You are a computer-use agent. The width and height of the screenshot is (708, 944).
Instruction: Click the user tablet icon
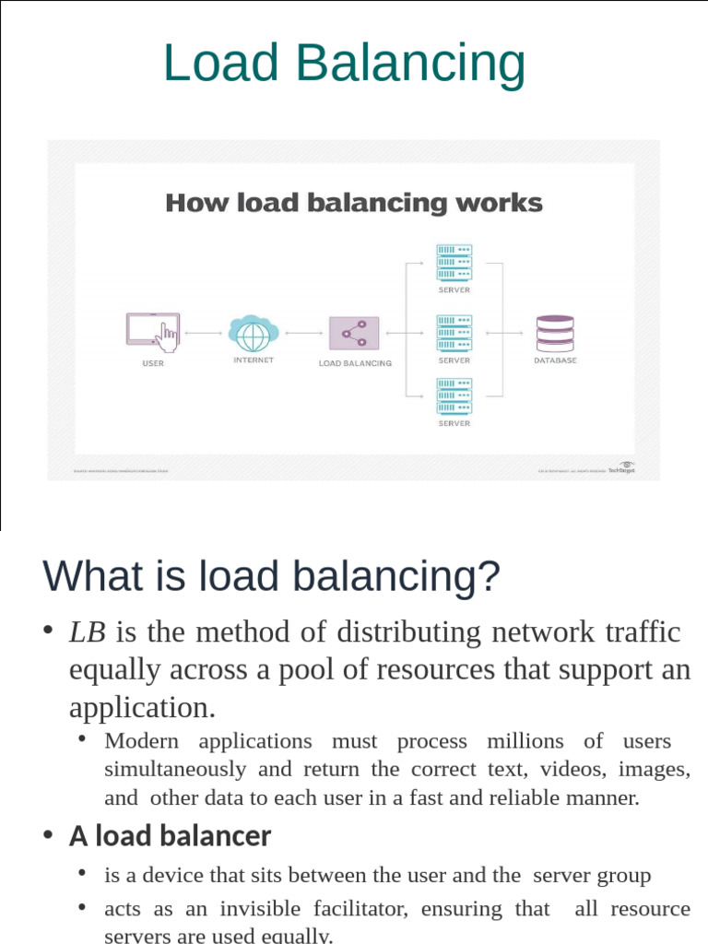click(152, 331)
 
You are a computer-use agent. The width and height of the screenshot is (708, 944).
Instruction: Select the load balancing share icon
click(354, 333)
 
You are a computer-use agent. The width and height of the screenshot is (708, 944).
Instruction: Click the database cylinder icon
click(555, 332)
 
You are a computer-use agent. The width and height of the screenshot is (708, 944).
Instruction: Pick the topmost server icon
click(454, 262)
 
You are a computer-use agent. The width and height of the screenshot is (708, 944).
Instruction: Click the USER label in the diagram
click(153, 363)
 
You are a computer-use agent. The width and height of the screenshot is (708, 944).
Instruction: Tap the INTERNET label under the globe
click(254, 360)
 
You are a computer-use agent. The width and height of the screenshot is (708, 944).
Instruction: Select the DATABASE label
click(555, 360)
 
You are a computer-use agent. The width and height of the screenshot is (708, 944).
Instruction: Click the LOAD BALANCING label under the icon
click(355, 363)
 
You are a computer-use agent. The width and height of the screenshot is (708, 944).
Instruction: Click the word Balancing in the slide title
click(411, 64)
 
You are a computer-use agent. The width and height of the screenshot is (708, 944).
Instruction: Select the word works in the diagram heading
click(503, 203)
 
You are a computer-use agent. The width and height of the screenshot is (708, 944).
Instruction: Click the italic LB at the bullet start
click(88, 632)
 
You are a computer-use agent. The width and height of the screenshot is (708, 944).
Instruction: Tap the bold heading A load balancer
click(170, 836)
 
